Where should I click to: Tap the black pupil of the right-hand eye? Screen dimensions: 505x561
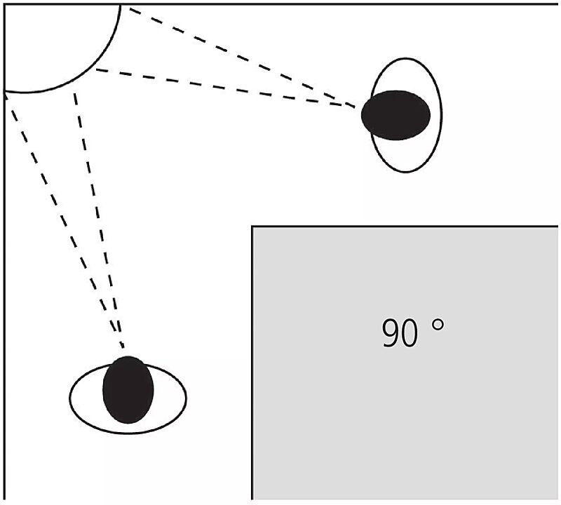click(396, 115)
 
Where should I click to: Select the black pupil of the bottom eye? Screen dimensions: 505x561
click(128, 390)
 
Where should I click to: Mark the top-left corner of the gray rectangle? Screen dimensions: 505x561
click(252, 227)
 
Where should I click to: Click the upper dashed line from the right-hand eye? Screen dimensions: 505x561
click(238, 56)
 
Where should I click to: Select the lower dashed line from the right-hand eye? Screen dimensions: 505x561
click(224, 87)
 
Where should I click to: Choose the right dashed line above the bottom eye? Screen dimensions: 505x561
click(98, 217)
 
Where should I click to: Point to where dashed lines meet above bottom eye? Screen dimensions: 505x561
click(123, 346)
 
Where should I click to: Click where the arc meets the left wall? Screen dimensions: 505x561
click(6, 92)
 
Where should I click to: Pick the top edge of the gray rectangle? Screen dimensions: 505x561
click(407, 227)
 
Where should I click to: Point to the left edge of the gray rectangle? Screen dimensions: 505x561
click(252, 365)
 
